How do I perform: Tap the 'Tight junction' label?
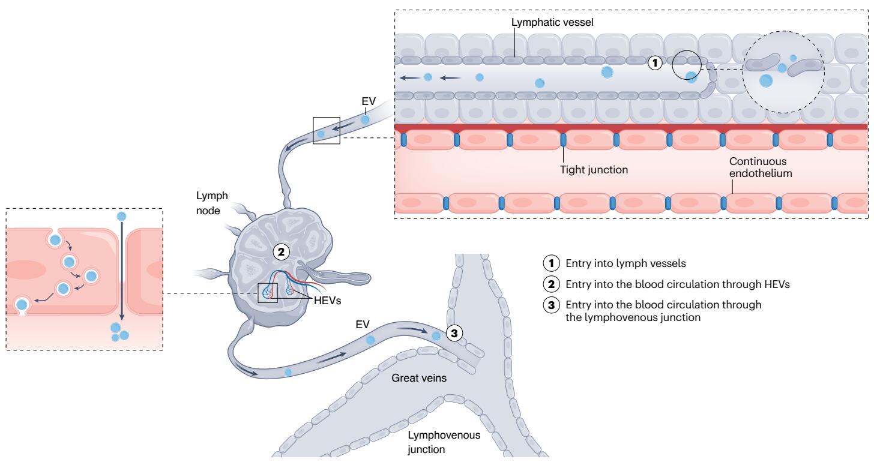tap(594, 169)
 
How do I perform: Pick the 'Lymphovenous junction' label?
tap(444, 443)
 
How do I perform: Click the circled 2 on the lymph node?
tap(280, 252)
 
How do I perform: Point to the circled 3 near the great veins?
tap(456, 334)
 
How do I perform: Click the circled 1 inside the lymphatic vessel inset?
tap(657, 62)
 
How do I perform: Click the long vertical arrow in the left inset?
tap(122, 270)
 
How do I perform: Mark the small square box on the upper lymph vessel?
tap(327, 130)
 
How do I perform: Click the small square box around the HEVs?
tap(267, 293)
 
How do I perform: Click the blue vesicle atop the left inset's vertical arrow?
tap(122, 216)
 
